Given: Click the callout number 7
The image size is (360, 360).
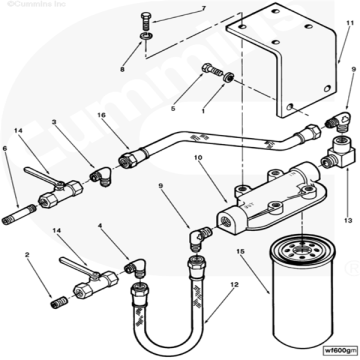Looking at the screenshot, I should click(202, 9).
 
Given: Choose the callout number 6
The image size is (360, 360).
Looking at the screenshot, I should click(7, 149).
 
